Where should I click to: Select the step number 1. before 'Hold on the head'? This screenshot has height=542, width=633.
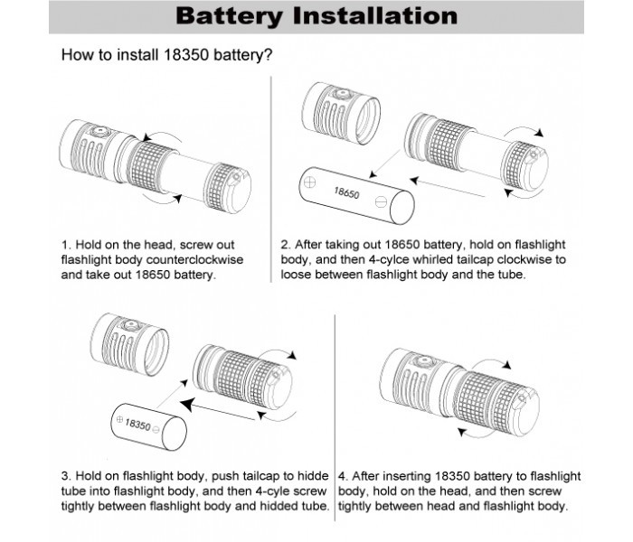click(66, 244)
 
